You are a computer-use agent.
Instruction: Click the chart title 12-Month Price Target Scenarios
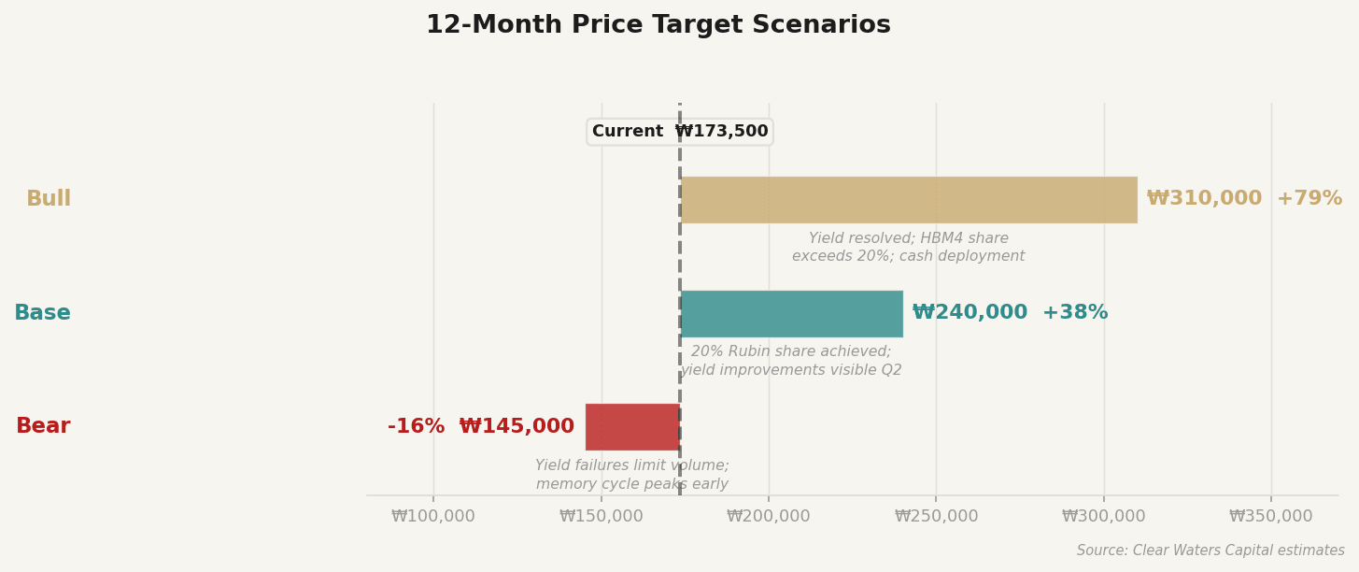[x=658, y=25]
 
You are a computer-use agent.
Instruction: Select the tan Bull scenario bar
[x=908, y=200]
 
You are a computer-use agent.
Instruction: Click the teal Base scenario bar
[x=791, y=314]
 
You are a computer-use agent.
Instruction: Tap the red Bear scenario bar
[x=632, y=427]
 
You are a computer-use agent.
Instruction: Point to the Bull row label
[x=49, y=199]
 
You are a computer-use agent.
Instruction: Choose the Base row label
[x=42, y=313]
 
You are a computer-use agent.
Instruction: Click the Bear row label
[x=43, y=426]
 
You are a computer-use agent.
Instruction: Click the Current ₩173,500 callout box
[x=679, y=132]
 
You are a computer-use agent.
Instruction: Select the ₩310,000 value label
[x=1204, y=199]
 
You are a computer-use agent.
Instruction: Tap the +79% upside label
[x=1309, y=199]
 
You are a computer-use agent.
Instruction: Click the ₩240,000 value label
[x=970, y=313]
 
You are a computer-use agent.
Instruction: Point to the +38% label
[x=1075, y=313]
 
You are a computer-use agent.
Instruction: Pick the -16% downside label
[x=416, y=427]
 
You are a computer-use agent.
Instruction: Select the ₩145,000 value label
[x=517, y=427]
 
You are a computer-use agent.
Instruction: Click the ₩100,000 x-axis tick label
[x=433, y=516]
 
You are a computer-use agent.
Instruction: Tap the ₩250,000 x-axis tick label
[x=936, y=516]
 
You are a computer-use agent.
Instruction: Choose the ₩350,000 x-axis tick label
[x=1270, y=516]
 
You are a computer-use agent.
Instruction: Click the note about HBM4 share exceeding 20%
[x=908, y=248]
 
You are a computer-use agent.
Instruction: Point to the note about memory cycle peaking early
[x=631, y=475]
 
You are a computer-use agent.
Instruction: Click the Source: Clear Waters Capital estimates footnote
[x=1210, y=551]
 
